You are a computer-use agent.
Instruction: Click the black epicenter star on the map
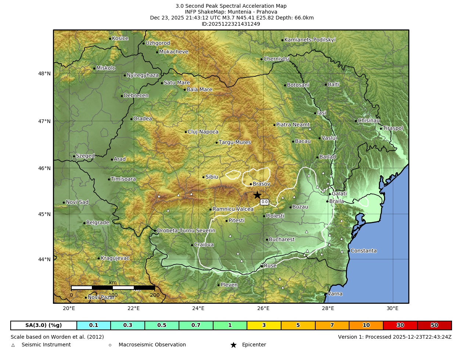tap(257, 195)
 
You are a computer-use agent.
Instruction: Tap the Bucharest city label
tap(282, 240)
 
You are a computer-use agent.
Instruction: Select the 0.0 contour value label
tap(264, 202)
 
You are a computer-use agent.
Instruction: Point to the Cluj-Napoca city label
tap(203, 132)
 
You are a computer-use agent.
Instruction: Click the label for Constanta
tap(363, 251)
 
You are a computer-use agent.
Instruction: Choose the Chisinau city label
tap(369, 120)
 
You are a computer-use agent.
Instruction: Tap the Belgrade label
tap(97, 223)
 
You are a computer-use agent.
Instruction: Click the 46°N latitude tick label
tap(44, 168)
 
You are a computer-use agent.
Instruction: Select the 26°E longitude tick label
tap(263, 308)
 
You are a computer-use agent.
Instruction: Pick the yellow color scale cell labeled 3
tap(264, 325)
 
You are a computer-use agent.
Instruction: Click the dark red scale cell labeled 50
tap(434, 325)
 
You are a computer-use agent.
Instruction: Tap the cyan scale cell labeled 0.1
tap(94, 325)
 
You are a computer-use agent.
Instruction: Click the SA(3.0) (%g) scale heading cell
tap(44, 325)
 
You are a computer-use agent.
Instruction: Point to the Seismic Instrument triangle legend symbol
tap(13, 345)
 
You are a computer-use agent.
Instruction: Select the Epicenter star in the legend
tap(233, 345)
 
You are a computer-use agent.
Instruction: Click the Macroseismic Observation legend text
tap(152, 345)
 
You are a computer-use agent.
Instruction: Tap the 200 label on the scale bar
tap(155, 295)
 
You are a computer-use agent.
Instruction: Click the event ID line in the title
tap(231, 24)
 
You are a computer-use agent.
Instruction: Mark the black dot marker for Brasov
tap(251, 184)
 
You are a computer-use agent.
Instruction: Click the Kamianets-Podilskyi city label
tap(310, 40)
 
